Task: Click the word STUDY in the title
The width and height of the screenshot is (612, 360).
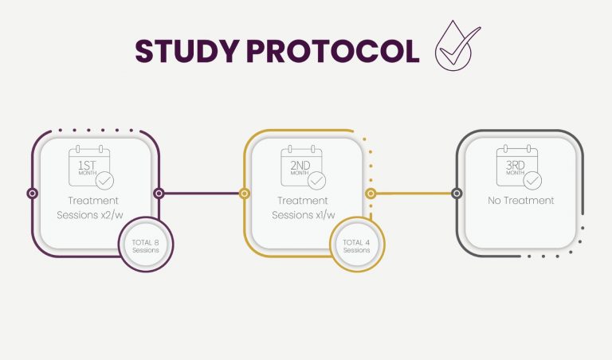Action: click(186, 51)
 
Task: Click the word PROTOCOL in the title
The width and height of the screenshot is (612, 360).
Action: click(332, 51)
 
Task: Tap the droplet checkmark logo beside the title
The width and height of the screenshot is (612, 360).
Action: click(457, 45)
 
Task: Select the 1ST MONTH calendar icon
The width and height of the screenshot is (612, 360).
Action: click(92, 167)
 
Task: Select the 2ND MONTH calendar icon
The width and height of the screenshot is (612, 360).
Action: click(304, 167)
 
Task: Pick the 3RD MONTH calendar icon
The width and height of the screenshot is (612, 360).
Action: click(519, 167)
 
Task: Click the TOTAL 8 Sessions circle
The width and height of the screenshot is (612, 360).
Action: click(146, 245)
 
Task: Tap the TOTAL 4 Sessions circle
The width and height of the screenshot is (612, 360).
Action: click(357, 245)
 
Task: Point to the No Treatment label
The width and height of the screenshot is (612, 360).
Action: click(520, 201)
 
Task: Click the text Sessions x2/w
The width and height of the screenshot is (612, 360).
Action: click(90, 215)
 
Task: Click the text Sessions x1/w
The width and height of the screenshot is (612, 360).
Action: click(304, 215)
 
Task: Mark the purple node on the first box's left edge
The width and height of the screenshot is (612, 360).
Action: click(33, 193)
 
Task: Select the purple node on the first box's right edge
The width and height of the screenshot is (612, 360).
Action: click(159, 193)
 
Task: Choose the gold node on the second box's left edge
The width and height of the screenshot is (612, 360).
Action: click(245, 193)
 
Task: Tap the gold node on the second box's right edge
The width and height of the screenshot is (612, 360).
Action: click(371, 193)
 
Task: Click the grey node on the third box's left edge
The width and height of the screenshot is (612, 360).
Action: click(457, 193)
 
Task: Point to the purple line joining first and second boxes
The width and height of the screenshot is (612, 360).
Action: click(202, 193)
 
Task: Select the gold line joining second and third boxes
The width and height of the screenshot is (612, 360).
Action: click(414, 193)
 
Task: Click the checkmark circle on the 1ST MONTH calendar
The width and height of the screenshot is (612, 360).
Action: click(104, 181)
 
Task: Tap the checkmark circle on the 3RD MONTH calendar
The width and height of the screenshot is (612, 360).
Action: click(532, 181)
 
